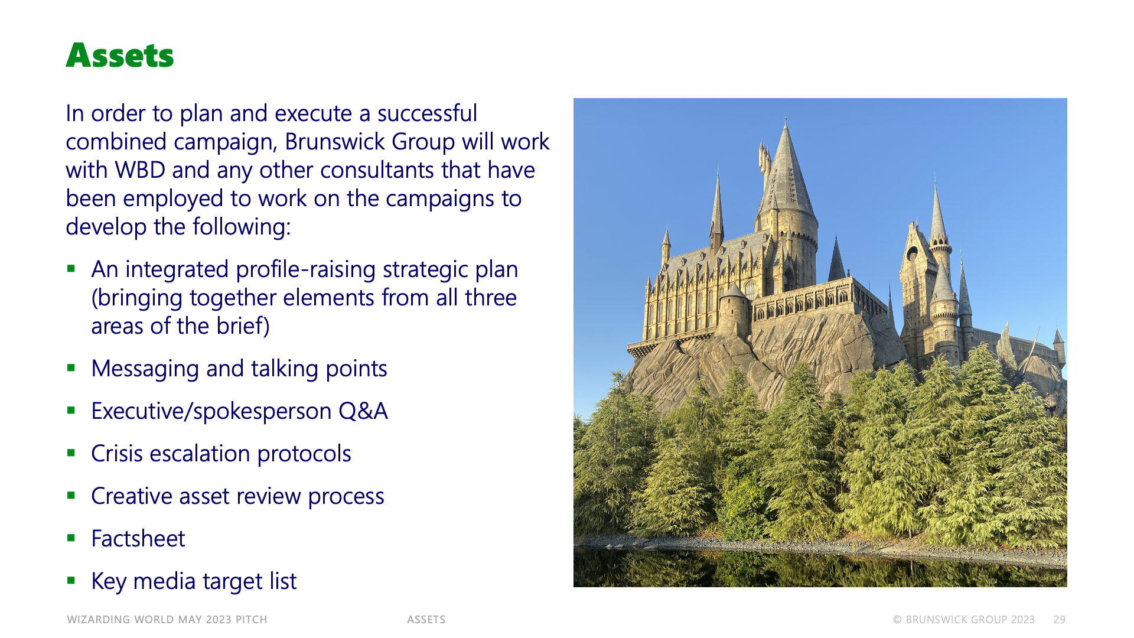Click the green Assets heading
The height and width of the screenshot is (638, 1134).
point(120,56)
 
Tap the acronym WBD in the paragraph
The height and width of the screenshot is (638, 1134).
point(140,170)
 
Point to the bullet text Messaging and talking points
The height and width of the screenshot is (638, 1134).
point(239,369)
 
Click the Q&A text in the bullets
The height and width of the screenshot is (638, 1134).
point(363,411)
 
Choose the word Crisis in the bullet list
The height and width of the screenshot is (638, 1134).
point(116,454)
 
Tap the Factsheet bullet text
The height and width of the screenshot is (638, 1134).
point(138,539)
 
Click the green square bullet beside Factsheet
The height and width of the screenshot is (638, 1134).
point(71,538)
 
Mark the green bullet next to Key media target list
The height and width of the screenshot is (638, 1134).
point(71,580)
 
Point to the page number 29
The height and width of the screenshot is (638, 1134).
point(1060,620)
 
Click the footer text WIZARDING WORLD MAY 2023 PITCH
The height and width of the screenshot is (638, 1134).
point(167,620)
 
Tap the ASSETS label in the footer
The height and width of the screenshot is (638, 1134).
point(426,620)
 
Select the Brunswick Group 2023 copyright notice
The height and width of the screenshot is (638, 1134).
point(964,620)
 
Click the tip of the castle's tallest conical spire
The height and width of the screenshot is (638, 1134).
point(786,119)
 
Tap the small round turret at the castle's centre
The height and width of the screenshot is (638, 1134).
point(734,310)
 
